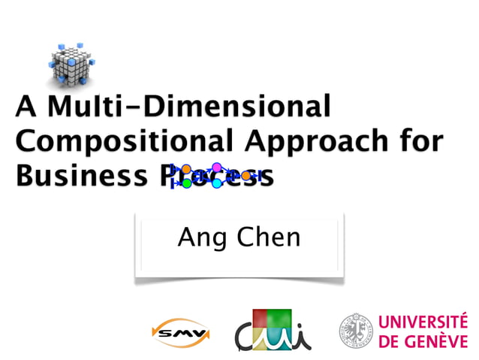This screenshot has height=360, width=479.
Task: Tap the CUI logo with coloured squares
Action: (x=273, y=329)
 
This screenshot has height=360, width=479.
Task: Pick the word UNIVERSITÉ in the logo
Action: (x=423, y=322)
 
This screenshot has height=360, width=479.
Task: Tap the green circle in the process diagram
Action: (x=187, y=183)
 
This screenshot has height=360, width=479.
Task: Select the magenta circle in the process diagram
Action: (x=217, y=167)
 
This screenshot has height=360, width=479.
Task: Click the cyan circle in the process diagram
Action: (x=217, y=183)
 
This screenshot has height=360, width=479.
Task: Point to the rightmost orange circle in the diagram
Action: (x=246, y=175)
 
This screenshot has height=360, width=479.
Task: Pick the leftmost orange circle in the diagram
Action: (x=186, y=169)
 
